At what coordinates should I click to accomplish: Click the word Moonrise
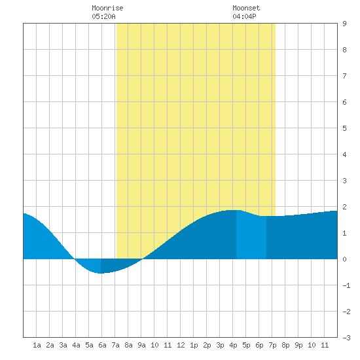(107, 9)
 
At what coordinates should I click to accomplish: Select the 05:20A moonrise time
(104, 16)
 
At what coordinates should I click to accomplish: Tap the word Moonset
(246, 9)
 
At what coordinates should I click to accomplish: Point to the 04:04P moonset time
(244, 16)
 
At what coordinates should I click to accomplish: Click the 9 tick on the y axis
(344, 24)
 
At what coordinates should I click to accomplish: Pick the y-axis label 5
(344, 128)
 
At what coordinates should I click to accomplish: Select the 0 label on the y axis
(344, 259)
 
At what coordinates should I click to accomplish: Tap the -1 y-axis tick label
(346, 285)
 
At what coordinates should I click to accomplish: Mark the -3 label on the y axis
(346, 338)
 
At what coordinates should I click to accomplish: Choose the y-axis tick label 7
(344, 76)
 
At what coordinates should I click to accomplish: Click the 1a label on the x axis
(37, 345)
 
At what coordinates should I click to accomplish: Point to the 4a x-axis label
(76, 345)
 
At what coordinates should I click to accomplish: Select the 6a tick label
(102, 345)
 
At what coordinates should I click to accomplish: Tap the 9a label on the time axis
(141, 345)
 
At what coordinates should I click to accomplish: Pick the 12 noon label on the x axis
(181, 345)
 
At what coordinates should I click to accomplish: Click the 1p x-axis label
(194, 345)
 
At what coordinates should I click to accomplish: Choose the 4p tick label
(233, 345)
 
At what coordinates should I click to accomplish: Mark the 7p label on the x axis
(272, 345)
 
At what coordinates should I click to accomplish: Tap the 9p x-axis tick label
(298, 345)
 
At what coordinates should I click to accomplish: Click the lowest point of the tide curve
(101, 273)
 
